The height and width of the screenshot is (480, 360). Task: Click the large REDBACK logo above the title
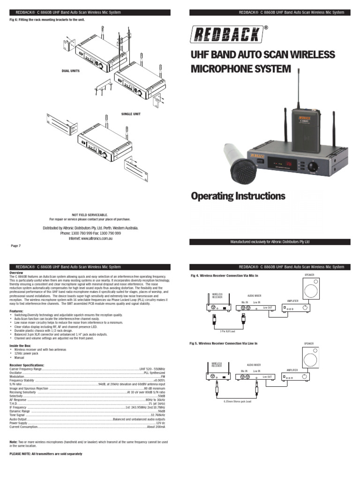[x=226, y=35]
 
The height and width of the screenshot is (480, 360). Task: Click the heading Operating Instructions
[x=238, y=195]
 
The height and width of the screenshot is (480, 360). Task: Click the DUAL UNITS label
[x=71, y=71]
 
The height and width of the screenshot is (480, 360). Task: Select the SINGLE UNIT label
[x=131, y=114]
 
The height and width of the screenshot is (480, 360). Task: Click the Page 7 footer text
[x=16, y=246]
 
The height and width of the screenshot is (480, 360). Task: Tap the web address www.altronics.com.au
[x=90, y=238]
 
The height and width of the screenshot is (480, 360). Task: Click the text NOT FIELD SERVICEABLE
[x=90, y=214]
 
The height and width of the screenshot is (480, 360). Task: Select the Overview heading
[x=17, y=272]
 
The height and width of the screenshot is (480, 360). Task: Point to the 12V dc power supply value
[x=160, y=423]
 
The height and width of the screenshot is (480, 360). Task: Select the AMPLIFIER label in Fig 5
[x=292, y=369]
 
